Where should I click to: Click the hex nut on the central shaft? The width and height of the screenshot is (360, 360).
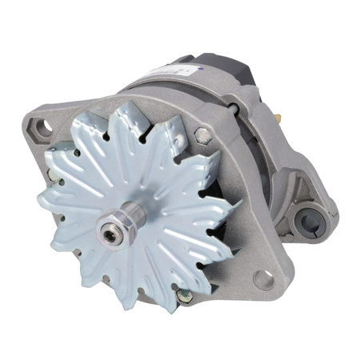click(x=111, y=234)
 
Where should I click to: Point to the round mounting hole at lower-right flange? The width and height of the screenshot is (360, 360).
click(x=262, y=278)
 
